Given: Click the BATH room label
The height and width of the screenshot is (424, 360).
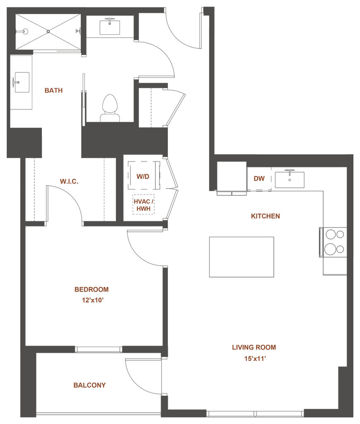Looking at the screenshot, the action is point(54,90).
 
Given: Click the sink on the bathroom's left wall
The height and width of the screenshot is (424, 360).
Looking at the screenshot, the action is point(21,82).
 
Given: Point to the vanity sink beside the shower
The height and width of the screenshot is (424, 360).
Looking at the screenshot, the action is point(110,26).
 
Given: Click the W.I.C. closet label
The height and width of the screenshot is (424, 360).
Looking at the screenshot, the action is point(68,181).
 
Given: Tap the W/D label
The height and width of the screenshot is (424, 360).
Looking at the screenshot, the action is point(143,176).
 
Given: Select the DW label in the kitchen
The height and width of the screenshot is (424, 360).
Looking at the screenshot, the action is point(259,179).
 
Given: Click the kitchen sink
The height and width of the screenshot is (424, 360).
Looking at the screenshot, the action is point(290,179).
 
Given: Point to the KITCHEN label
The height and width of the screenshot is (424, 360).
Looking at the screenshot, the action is point(266,216).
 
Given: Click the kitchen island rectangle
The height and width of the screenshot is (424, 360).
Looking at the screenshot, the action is point(242,257).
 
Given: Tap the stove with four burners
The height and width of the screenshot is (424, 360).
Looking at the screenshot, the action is point(334,242).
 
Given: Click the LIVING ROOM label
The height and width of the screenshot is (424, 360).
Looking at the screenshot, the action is point(254,347).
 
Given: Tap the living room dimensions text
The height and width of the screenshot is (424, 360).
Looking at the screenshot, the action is point(254,359).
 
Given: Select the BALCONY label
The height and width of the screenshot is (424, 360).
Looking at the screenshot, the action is point(90,385).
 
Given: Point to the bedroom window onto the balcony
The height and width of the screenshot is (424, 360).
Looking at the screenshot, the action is point(99,349).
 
